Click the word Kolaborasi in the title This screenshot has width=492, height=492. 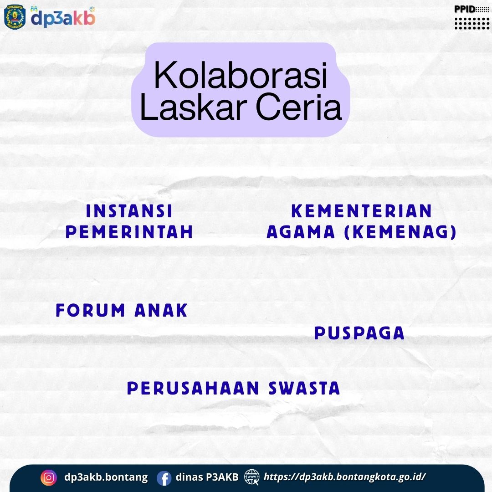(241, 75)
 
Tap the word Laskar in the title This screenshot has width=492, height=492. (192, 107)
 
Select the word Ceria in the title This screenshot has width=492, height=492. (298, 107)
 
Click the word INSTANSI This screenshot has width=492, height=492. (129, 211)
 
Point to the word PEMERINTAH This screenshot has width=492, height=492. (129, 232)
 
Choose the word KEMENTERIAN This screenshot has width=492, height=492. (361, 211)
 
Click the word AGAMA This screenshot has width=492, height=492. (301, 232)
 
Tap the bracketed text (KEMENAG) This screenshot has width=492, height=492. (400, 232)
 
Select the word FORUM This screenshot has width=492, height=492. (90, 310)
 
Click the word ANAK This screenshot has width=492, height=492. (161, 310)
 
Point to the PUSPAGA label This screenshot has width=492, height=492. (359, 333)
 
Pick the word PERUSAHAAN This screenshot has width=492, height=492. (193, 388)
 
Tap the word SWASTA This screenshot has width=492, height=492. (304, 388)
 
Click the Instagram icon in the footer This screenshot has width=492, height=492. (49, 477)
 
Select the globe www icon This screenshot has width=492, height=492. (251, 477)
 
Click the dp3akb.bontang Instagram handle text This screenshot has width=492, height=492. (106, 477)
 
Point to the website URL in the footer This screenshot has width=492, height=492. (344, 477)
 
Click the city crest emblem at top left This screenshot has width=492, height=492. (15, 17)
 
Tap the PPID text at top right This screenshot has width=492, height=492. (465, 10)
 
